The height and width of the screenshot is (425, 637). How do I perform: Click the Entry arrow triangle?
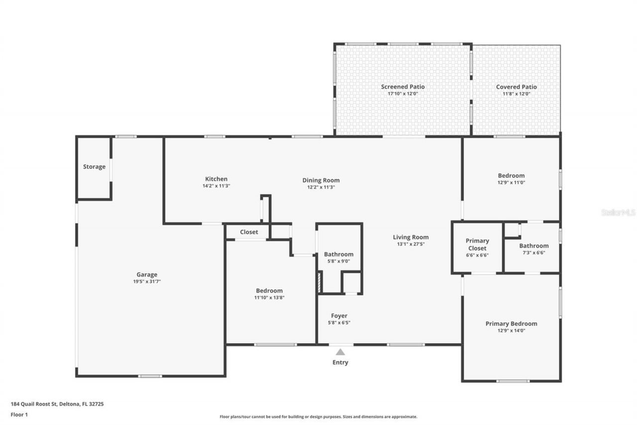point(340,352)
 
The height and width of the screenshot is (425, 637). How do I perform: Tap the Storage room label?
point(94,166)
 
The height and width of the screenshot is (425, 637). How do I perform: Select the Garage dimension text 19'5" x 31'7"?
point(147,282)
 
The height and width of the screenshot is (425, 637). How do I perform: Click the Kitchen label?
point(216,179)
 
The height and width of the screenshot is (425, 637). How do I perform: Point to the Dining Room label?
point(321,180)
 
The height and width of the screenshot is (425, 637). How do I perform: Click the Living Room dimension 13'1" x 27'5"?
point(411,244)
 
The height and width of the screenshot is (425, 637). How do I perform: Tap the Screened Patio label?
point(403,87)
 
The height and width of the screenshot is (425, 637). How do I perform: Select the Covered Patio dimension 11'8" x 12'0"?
point(516,94)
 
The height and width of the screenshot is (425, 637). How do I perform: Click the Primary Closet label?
point(477,244)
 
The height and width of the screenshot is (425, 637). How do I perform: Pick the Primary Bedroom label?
point(511,323)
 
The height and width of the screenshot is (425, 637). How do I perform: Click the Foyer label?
point(339,315)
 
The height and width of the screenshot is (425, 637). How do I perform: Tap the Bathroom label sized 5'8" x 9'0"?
point(338,254)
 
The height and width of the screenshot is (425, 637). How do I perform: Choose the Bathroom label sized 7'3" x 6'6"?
point(533,246)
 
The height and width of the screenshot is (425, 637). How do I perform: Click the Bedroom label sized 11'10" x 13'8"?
point(269,290)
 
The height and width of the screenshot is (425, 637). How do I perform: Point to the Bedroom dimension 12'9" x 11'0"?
point(511,182)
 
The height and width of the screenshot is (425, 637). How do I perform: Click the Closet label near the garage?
point(249,232)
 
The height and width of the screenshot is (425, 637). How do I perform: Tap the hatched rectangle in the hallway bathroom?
point(319,282)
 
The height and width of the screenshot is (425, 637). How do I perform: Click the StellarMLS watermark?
point(618,212)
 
